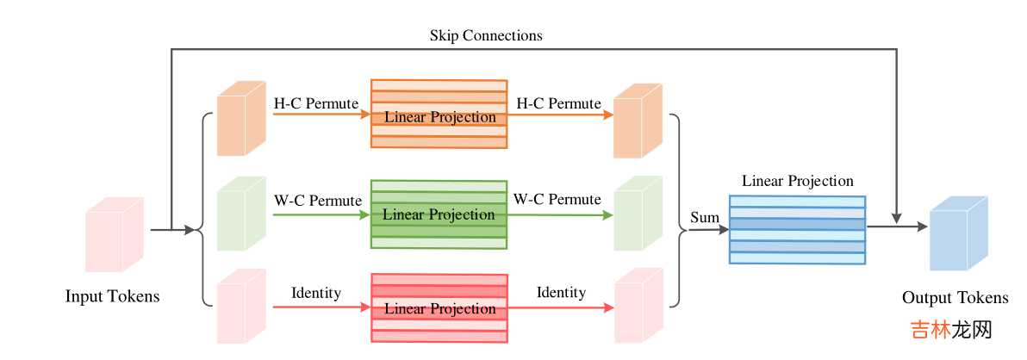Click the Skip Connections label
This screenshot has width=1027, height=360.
[486, 35]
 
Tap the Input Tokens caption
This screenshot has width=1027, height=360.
[112, 296]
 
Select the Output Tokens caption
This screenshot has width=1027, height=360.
[955, 298]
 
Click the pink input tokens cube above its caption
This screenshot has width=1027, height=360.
[113, 234]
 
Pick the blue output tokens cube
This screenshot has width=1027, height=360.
[957, 233]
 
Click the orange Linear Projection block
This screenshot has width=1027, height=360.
[439, 115]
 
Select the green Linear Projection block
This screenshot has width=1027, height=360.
[439, 214]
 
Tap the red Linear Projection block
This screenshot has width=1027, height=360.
[439, 307]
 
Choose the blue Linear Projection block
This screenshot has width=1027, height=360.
[797, 230]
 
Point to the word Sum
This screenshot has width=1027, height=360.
[704, 217]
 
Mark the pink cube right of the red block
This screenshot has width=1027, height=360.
[637, 307]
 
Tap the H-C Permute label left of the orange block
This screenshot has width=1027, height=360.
[315, 103]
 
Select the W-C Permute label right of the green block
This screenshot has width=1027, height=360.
[557, 199]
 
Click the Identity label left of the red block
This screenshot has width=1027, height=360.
[316, 293]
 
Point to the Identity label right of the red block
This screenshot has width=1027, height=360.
[561, 293]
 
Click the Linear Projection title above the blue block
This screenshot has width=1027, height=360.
[798, 181]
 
